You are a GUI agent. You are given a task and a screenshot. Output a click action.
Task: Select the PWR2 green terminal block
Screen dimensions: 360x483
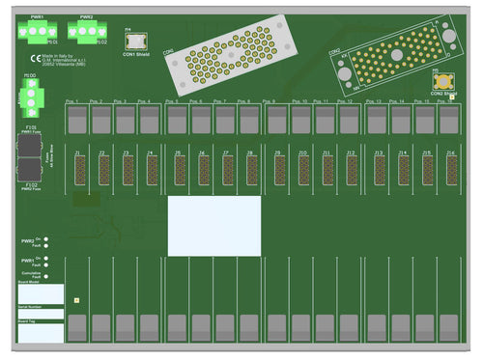pyautogui.click(x=86, y=32)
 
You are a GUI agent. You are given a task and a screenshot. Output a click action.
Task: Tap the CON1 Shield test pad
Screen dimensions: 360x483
pyautogui.click(x=135, y=41)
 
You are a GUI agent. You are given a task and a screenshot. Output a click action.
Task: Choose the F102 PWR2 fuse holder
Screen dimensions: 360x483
pyautogui.click(x=31, y=171)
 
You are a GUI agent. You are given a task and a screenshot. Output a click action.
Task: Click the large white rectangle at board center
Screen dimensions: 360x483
pyautogui.click(x=213, y=226)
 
